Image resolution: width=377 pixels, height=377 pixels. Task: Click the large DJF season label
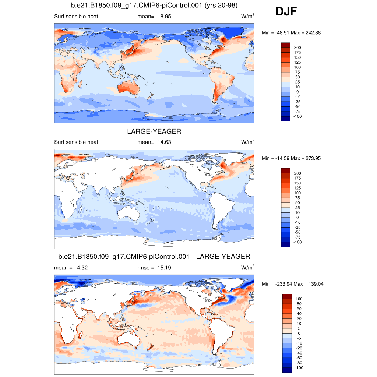[286, 12]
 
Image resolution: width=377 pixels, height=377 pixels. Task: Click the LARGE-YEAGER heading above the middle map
[154, 131]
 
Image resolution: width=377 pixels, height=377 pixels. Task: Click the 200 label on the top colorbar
[297, 47]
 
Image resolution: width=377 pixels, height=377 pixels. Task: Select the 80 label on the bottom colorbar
[299, 304]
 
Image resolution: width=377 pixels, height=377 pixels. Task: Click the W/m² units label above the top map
[248, 17]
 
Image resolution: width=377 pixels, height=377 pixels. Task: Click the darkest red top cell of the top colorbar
[286, 45]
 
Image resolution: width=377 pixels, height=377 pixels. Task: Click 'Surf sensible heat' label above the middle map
[76, 142]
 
